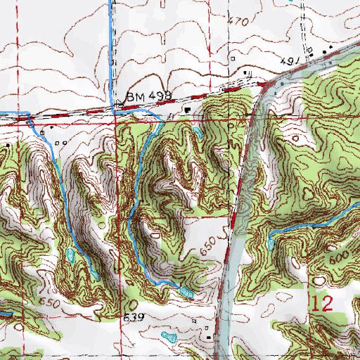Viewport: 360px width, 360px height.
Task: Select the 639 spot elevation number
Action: click(x=134, y=318)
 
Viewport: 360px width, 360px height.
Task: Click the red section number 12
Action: click(x=321, y=303)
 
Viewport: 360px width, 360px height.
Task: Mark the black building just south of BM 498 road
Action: click(x=187, y=110)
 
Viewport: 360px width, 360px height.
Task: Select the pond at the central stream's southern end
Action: click(x=185, y=290)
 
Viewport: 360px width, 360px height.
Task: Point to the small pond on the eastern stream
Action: click(x=271, y=244)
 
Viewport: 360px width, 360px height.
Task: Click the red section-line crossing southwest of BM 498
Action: click(x=117, y=120)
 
